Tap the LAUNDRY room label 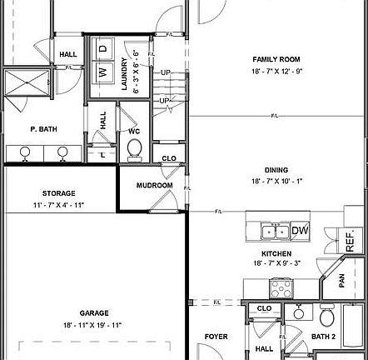pos(123,73)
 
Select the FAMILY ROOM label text pos(276,59)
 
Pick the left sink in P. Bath pos(25,152)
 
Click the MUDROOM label pos(154,185)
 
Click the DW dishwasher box pos(301,230)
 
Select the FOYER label pos(216,337)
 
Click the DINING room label pos(276,167)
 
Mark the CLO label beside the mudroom pos(169,157)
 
